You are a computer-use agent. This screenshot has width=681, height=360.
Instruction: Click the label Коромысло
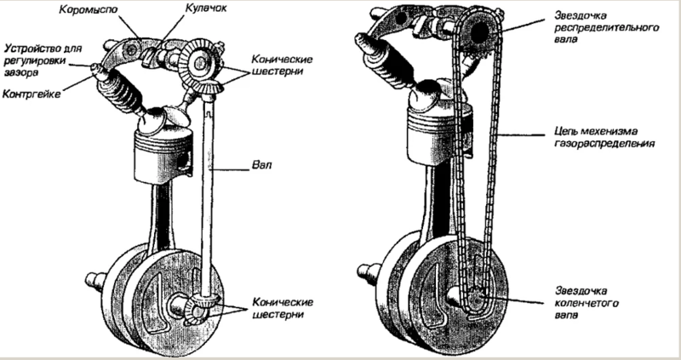coord(89,9)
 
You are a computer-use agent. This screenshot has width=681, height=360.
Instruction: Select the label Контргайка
coord(31,94)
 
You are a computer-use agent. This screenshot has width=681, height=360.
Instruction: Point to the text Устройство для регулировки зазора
coord(43,60)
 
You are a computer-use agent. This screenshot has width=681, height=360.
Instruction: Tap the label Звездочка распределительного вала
coord(607,27)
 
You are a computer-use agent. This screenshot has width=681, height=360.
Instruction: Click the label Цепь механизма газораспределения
coord(604,137)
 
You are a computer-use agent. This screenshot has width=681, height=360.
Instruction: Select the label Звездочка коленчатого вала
coord(587,303)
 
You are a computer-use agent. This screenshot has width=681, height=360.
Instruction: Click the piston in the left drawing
coord(163,156)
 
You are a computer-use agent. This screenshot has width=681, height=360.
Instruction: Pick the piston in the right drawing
coord(438,133)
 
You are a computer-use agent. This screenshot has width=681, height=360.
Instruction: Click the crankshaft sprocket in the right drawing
coord(478,298)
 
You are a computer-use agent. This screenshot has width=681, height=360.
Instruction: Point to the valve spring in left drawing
coord(118,94)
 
